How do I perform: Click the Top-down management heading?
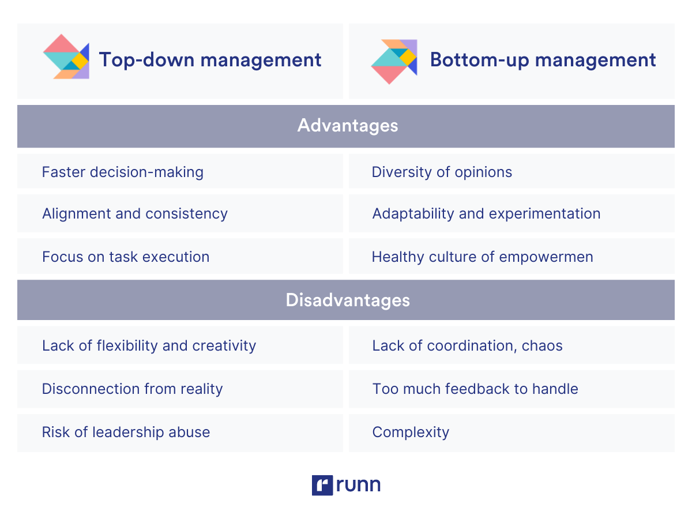pos(210,60)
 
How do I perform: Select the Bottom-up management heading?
pos(543,60)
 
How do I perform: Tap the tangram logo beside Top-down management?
pos(66,57)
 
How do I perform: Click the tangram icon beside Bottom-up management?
pos(394,61)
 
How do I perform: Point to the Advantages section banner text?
pos(347,126)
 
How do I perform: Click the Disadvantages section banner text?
pos(347,300)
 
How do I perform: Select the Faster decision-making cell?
pos(123,172)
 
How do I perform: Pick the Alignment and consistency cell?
pos(135,213)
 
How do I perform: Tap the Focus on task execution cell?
pos(126,257)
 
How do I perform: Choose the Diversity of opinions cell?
pos(442,172)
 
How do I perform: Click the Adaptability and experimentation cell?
pos(486,213)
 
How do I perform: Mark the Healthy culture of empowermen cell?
pos(482,257)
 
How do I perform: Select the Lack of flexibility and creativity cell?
pos(149,345)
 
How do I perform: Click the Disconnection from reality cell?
pos(132,389)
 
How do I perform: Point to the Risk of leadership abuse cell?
pos(126,432)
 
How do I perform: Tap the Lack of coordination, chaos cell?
pos(467,345)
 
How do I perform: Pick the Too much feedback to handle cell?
pos(475,389)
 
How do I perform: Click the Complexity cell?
pos(411,432)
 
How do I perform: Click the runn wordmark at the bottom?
pos(358,484)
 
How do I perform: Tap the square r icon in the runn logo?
pos(322,485)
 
